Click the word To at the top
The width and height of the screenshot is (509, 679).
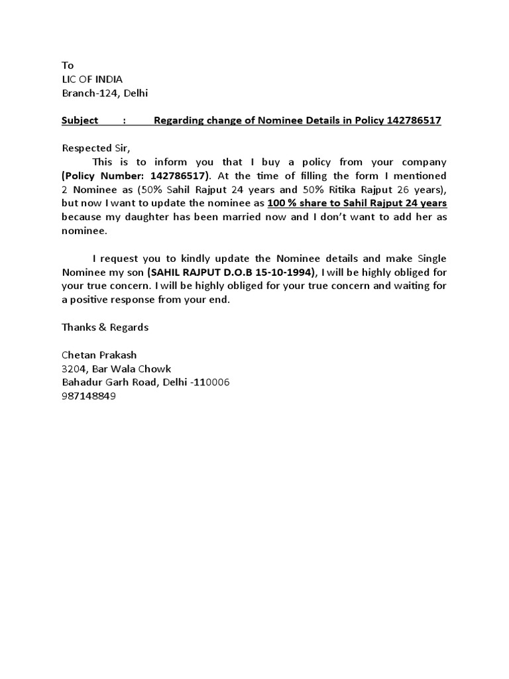(68, 65)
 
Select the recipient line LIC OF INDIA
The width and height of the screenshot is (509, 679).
(91, 79)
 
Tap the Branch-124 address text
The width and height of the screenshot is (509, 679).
(105, 93)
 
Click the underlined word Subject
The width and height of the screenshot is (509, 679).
(80, 120)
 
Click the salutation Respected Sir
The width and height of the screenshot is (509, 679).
(93, 148)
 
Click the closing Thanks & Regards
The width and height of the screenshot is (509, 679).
(105, 328)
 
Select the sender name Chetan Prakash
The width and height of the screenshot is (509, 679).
(99, 355)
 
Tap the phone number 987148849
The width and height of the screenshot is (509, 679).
(89, 397)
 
